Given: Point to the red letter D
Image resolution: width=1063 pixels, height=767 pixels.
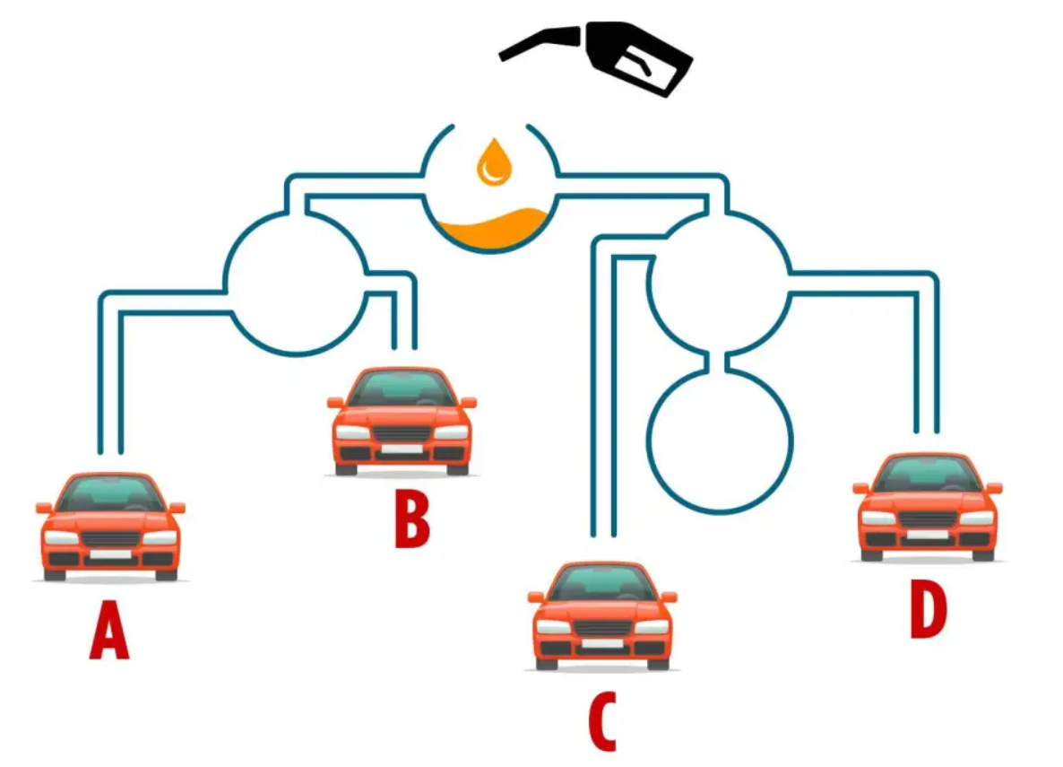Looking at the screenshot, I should tap(928, 610).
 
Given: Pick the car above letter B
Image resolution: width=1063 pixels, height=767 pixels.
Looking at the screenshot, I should tap(402, 422).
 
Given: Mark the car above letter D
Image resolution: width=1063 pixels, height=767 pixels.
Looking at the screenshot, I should tap(928, 507).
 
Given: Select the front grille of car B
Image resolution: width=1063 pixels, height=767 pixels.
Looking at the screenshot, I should tap(402, 433).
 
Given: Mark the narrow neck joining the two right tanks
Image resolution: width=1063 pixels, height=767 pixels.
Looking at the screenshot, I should tap(720, 362).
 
